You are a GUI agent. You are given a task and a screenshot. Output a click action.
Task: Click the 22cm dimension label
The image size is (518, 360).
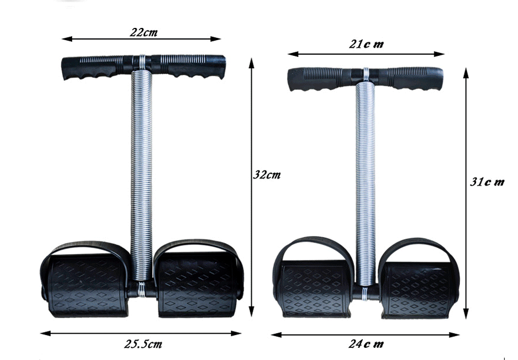pos(143,32)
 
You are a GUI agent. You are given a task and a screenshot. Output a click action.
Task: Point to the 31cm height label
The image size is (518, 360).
pos(487,181)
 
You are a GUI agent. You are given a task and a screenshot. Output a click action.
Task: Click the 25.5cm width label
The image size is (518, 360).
pos(143,344)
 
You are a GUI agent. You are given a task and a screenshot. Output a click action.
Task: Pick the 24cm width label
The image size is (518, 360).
pos(366,344)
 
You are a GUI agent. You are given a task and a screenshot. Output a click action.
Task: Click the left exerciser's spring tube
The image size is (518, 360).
pos(141,174)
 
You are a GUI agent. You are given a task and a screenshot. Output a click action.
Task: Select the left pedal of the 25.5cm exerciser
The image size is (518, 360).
pos(86,285)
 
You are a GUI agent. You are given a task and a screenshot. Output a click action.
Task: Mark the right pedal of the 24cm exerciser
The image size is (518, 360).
pos(417,288)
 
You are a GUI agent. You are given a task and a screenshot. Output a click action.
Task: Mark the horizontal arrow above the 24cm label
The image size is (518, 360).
pos(365,334)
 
